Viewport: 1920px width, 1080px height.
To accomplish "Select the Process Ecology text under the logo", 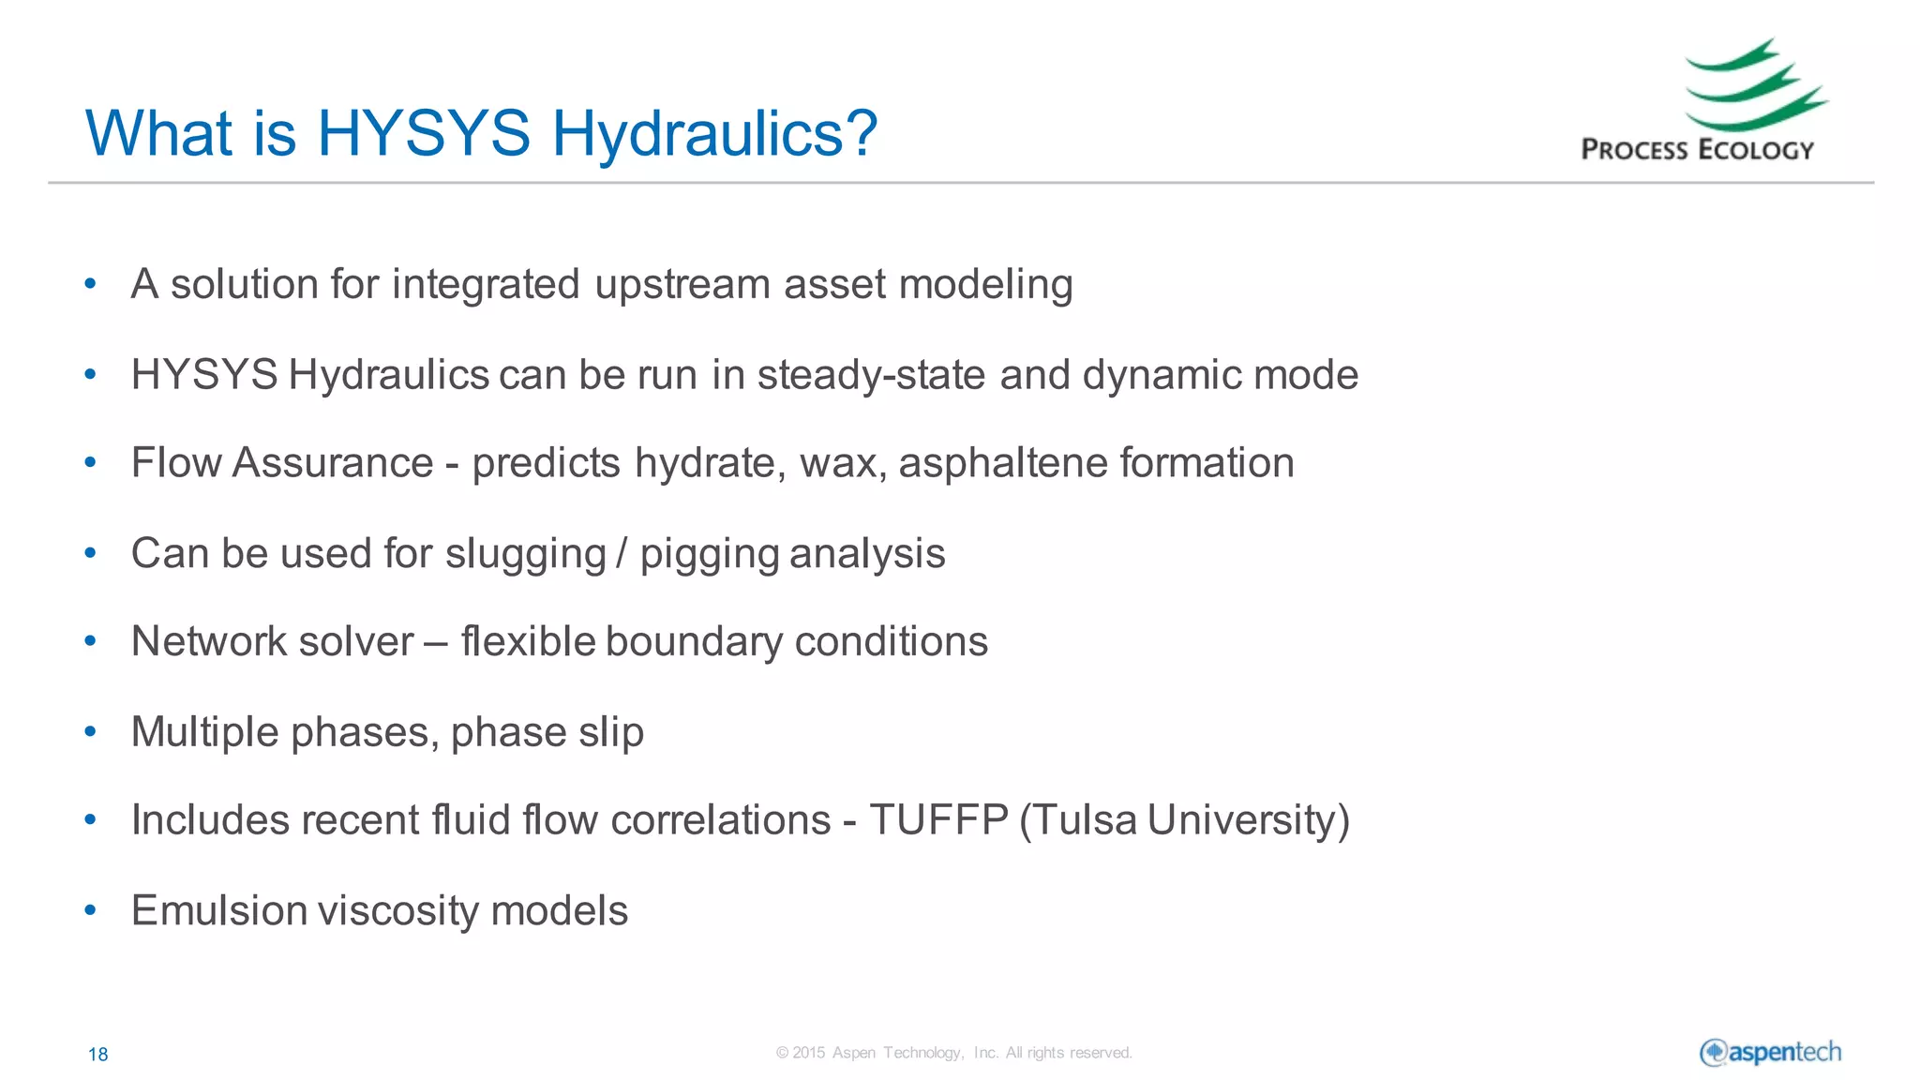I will click(x=1697, y=150).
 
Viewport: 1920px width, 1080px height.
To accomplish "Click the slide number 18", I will click(x=97, y=1055).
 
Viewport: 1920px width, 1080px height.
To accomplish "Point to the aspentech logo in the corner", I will click(x=1770, y=1053).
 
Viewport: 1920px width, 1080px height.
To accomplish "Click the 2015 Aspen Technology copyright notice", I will click(x=953, y=1053).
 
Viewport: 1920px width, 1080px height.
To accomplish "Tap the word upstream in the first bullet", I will click(x=682, y=285).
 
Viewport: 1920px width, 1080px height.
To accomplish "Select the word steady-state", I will click(x=872, y=376).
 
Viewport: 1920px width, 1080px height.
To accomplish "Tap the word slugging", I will click(x=525, y=554).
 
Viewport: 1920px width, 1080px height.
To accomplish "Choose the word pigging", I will click(x=710, y=554).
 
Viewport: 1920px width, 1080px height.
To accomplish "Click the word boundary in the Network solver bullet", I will click(x=695, y=642).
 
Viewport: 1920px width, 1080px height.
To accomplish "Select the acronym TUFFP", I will click(x=938, y=820).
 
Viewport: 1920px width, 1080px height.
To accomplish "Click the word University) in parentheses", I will click(x=1248, y=820).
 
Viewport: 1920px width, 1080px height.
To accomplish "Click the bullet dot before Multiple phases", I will click(x=90, y=731).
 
